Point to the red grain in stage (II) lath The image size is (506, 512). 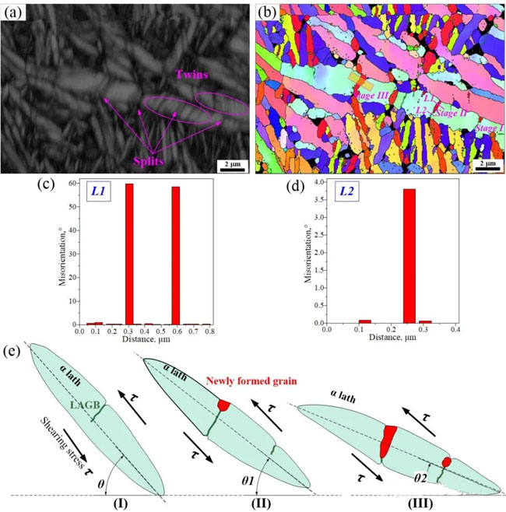[x=225, y=405]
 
